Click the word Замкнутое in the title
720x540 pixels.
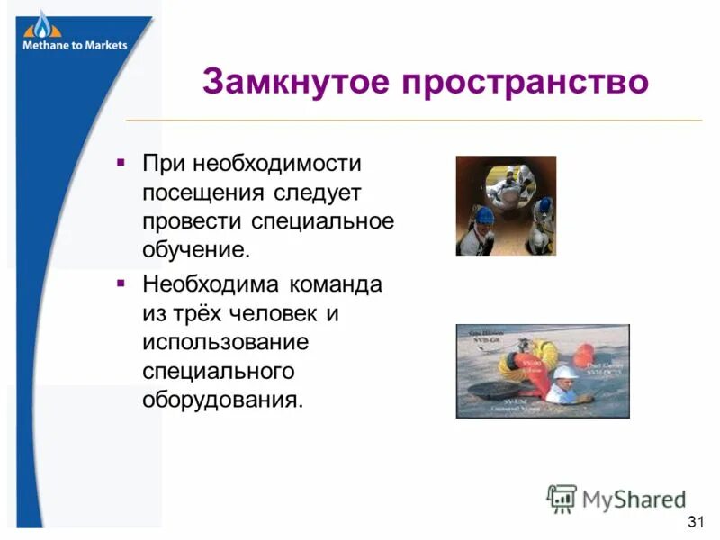pos(295,83)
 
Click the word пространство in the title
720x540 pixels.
pos(525,83)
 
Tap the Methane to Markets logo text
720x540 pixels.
pos(75,45)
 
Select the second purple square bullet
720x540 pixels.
pos(121,284)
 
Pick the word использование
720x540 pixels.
pos(225,342)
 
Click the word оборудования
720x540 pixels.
pos(220,398)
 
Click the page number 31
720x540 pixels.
pos(694,522)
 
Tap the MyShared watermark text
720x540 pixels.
pos(634,498)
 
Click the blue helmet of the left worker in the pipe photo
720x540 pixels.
pos(484,214)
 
